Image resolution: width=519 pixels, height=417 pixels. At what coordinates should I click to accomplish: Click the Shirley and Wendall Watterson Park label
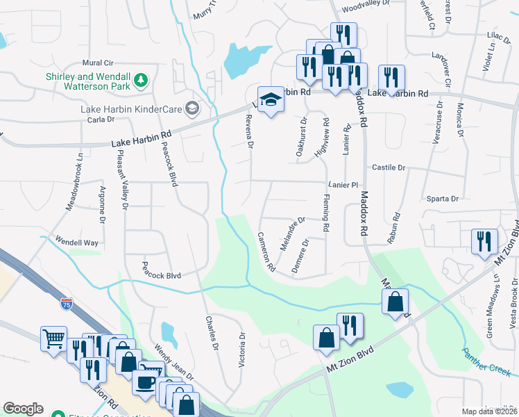[x=88, y=81]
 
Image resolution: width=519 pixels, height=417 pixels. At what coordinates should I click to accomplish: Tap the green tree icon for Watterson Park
[x=142, y=81]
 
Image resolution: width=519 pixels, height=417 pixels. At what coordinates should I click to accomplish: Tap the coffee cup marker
[x=145, y=382]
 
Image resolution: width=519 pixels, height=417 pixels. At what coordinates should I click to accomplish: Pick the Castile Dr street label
[x=389, y=167]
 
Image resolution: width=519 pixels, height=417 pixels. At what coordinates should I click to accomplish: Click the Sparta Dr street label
[x=445, y=199]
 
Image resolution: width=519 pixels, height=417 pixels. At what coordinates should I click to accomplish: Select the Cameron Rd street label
[x=266, y=251]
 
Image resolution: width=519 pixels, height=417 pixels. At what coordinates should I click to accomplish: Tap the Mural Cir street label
[x=97, y=63]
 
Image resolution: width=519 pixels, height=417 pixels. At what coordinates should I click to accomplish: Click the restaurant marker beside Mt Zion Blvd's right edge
[x=483, y=242]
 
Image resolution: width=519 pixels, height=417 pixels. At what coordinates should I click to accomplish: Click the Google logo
[x=23, y=409]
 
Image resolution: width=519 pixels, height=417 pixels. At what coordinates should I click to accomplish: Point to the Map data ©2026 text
[x=489, y=411]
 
